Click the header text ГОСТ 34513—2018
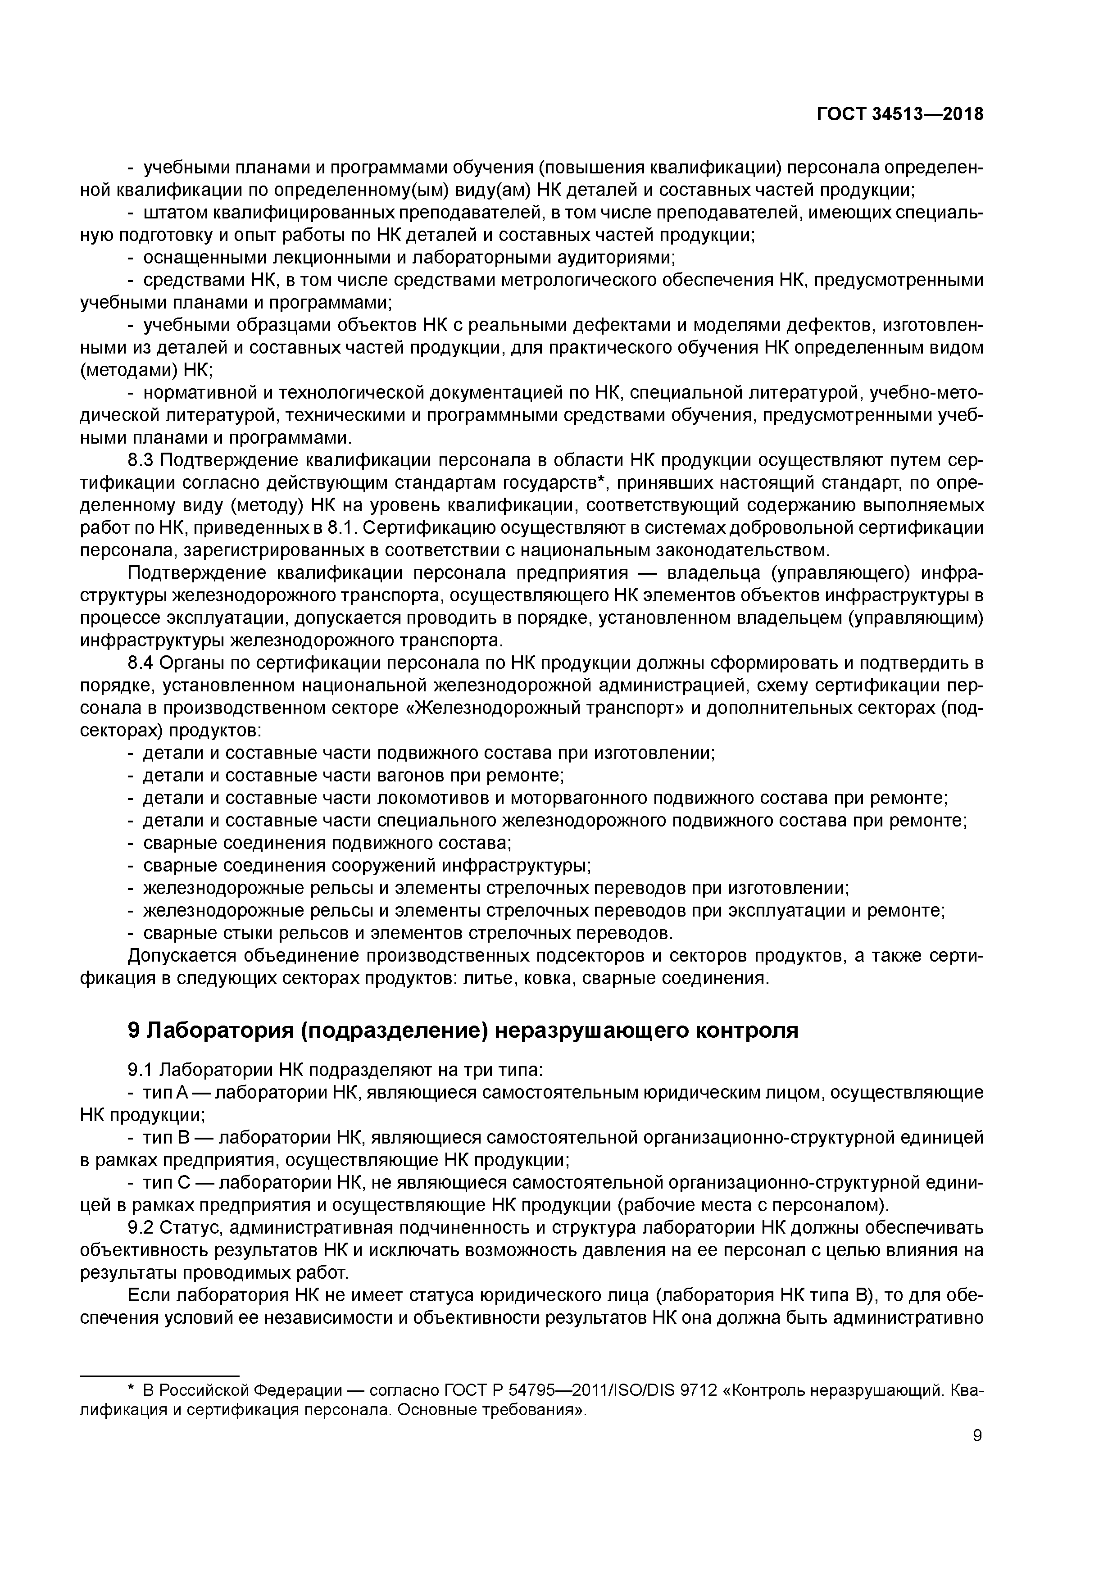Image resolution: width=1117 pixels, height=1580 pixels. (899, 114)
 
